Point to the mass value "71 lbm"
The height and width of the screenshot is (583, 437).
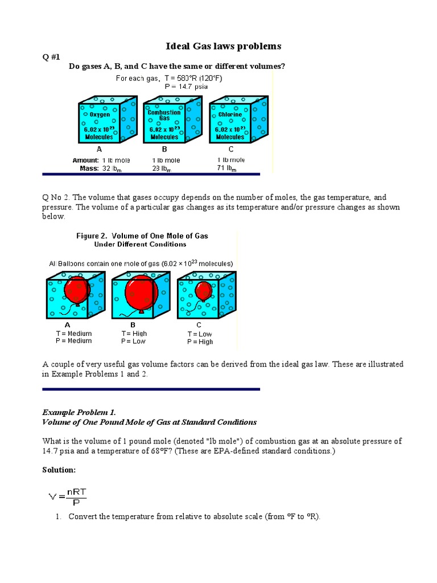[x=226, y=169]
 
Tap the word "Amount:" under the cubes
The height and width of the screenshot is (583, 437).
[x=85, y=161]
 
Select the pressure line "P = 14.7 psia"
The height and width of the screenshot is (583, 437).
[x=186, y=87]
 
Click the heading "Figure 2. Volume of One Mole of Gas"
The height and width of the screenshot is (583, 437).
[x=142, y=236]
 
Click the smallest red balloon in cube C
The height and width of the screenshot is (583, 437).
[x=204, y=291]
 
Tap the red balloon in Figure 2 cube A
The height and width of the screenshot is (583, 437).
[x=77, y=289]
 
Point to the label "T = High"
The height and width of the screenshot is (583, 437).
[x=134, y=334]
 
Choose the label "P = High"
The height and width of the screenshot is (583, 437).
[x=200, y=342]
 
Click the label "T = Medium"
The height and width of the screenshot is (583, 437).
[x=73, y=334]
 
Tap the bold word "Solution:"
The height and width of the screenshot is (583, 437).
[x=59, y=470]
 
